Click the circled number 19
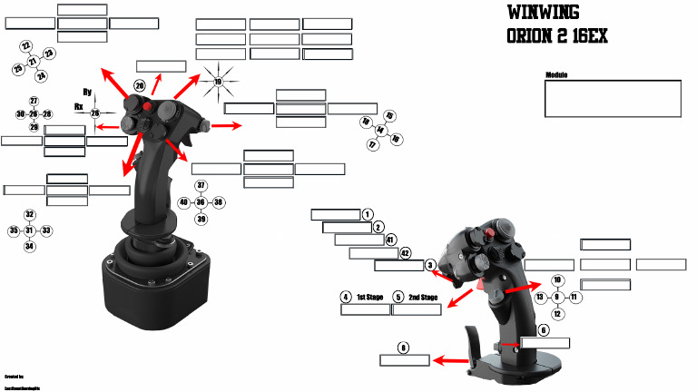pos(218,82)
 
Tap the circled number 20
pos(140,85)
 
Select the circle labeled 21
pos(33,61)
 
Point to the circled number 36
pos(201,201)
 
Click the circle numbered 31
pos(29,230)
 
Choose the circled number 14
pos(380,131)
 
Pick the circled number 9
pos(557,297)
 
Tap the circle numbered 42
pos(405,252)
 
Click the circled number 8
pos(403,347)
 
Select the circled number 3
pos(430,264)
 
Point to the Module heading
pos(556,75)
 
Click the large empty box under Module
pos(613,98)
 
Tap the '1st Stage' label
pos(369,297)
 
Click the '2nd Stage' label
pos(423,297)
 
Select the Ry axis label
pos(87,92)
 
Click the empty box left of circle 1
pos(336,215)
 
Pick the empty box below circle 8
pos(404,360)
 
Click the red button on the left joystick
pos(148,108)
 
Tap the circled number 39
pos(201,219)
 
